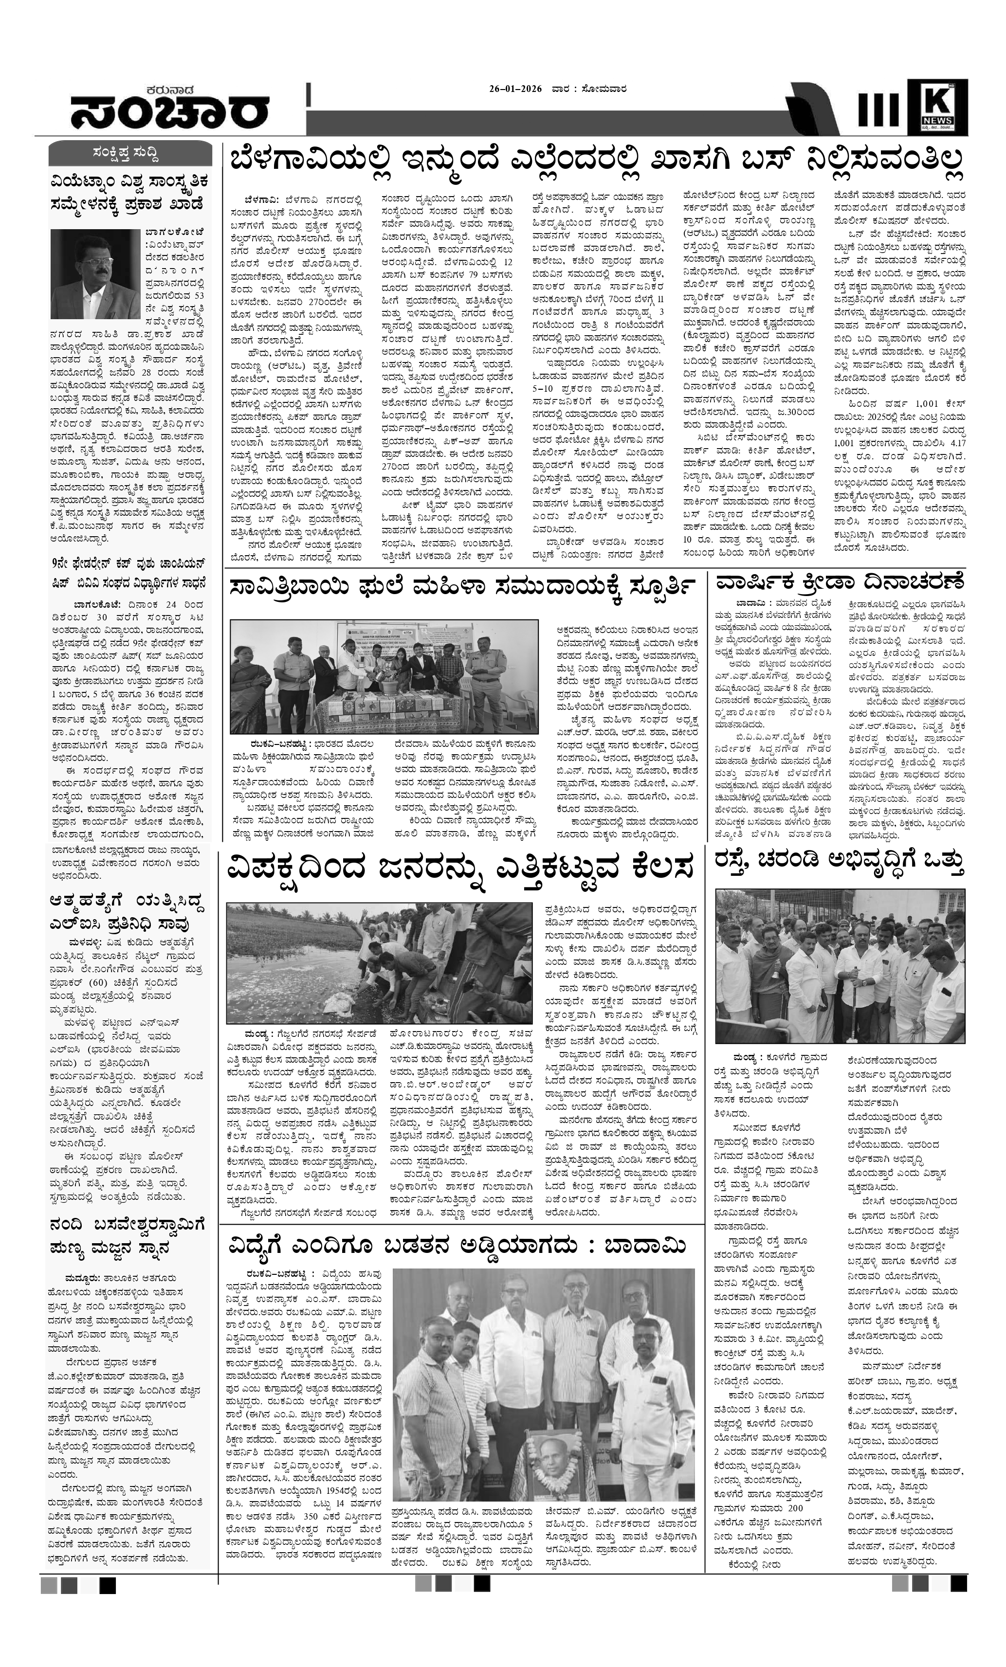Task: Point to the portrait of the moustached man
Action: click(x=95, y=268)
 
